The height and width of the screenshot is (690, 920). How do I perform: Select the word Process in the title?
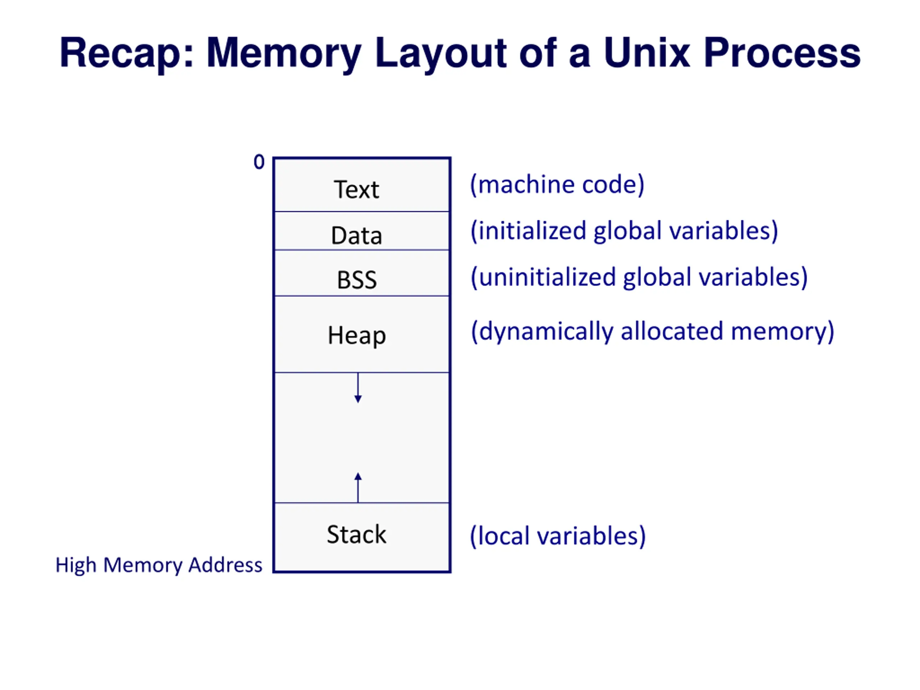(782, 53)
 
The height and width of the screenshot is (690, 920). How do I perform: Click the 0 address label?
(259, 162)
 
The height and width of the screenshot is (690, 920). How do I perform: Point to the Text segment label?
(356, 190)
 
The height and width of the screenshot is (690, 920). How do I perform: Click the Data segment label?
(356, 235)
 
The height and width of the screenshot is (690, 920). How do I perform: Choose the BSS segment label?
(357, 280)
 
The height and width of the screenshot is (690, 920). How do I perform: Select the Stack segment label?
(356, 534)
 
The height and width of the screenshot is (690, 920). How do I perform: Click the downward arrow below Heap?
(358, 388)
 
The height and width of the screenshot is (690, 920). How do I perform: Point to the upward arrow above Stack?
(358, 487)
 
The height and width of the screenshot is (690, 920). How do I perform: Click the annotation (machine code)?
(557, 185)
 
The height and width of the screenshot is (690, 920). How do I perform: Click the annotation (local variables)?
(558, 536)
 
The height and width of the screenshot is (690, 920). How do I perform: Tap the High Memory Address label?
(159, 565)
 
